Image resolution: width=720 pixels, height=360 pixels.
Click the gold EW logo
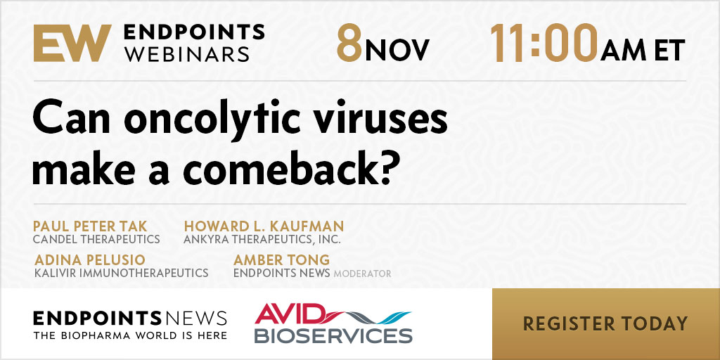tap(72, 43)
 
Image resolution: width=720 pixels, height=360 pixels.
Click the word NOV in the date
tap(397, 50)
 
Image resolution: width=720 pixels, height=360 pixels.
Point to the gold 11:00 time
tap(544, 44)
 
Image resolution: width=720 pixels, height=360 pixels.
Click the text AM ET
tap(643, 50)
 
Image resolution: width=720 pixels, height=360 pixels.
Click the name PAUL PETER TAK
tap(90, 226)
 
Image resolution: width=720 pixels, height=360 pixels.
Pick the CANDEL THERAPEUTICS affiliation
tap(96, 239)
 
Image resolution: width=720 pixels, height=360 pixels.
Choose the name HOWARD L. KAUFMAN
tap(264, 226)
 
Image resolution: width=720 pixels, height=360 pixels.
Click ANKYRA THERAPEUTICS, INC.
tap(262, 240)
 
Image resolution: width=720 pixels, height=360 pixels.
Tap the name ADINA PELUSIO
tap(90, 260)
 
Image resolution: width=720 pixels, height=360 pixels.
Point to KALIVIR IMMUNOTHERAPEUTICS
tap(121, 273)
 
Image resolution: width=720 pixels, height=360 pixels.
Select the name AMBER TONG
tap(281, 260)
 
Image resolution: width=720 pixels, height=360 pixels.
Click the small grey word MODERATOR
tap(362, 274)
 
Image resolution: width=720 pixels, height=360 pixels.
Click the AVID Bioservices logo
tap(333, 323)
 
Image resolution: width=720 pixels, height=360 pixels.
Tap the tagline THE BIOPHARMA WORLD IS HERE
tap(130, 335)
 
